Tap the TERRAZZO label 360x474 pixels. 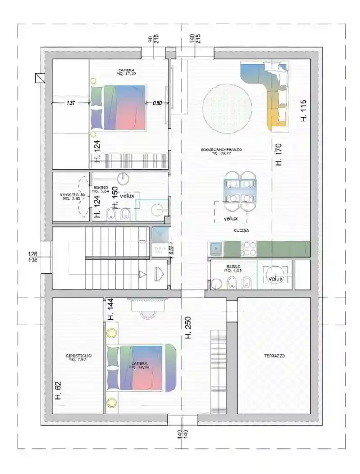[274, 356]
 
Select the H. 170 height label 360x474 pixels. [278, 154]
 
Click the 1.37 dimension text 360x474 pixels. [70, 103]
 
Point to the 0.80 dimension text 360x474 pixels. [157, 103]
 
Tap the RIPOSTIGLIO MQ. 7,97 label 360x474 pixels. [79, 358]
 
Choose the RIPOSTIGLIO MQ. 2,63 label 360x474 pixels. [72, 196]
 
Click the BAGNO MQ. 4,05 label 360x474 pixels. [234, 269]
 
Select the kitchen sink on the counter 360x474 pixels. [216, 248]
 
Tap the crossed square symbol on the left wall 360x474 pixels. [39, 78]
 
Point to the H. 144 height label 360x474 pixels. [111, 310]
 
